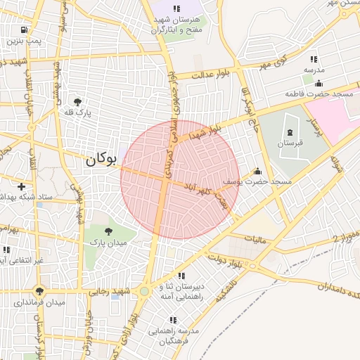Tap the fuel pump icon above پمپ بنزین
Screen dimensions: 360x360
click(x=25, y=30)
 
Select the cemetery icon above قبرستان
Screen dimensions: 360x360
click(x=290, y=132)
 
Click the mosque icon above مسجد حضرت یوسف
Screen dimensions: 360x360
click(x=257, y=171)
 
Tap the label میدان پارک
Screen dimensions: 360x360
click(x=107, y=242)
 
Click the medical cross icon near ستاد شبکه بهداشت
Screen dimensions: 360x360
click(x=22, y=187)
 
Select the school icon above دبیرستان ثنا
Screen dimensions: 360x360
click(x=181, y=276)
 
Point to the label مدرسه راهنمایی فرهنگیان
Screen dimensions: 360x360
click(x=174, y=335)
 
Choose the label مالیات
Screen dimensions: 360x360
click(x=256, y=240)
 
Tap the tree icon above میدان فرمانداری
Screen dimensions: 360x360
click(x=39, y=290)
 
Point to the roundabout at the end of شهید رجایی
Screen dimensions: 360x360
click(x=144, y=291)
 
